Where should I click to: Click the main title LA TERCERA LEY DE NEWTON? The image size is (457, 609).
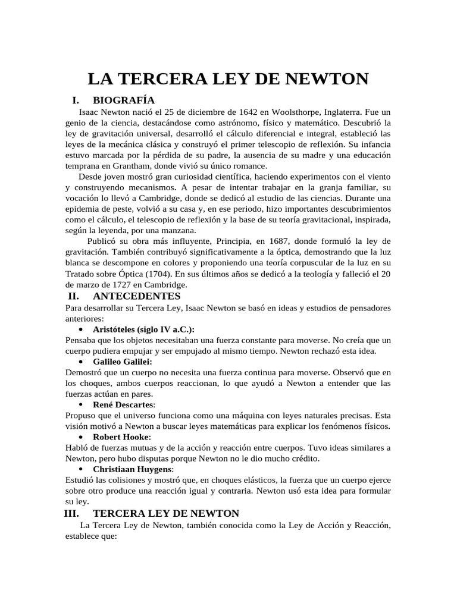(228, 80)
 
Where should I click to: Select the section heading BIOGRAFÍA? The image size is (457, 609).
(124, 100)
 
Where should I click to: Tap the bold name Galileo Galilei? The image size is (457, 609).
(123, 361)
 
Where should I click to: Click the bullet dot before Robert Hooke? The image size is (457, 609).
(80, 437)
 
